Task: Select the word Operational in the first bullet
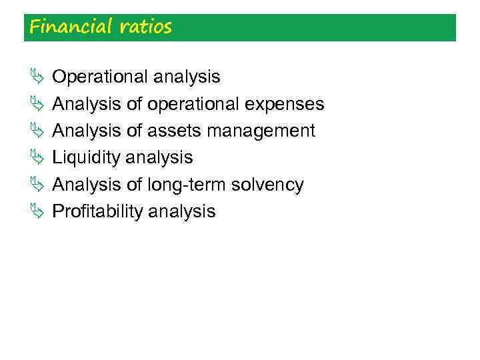[100, 77]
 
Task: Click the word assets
[175, 131]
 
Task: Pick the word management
[261, 131]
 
